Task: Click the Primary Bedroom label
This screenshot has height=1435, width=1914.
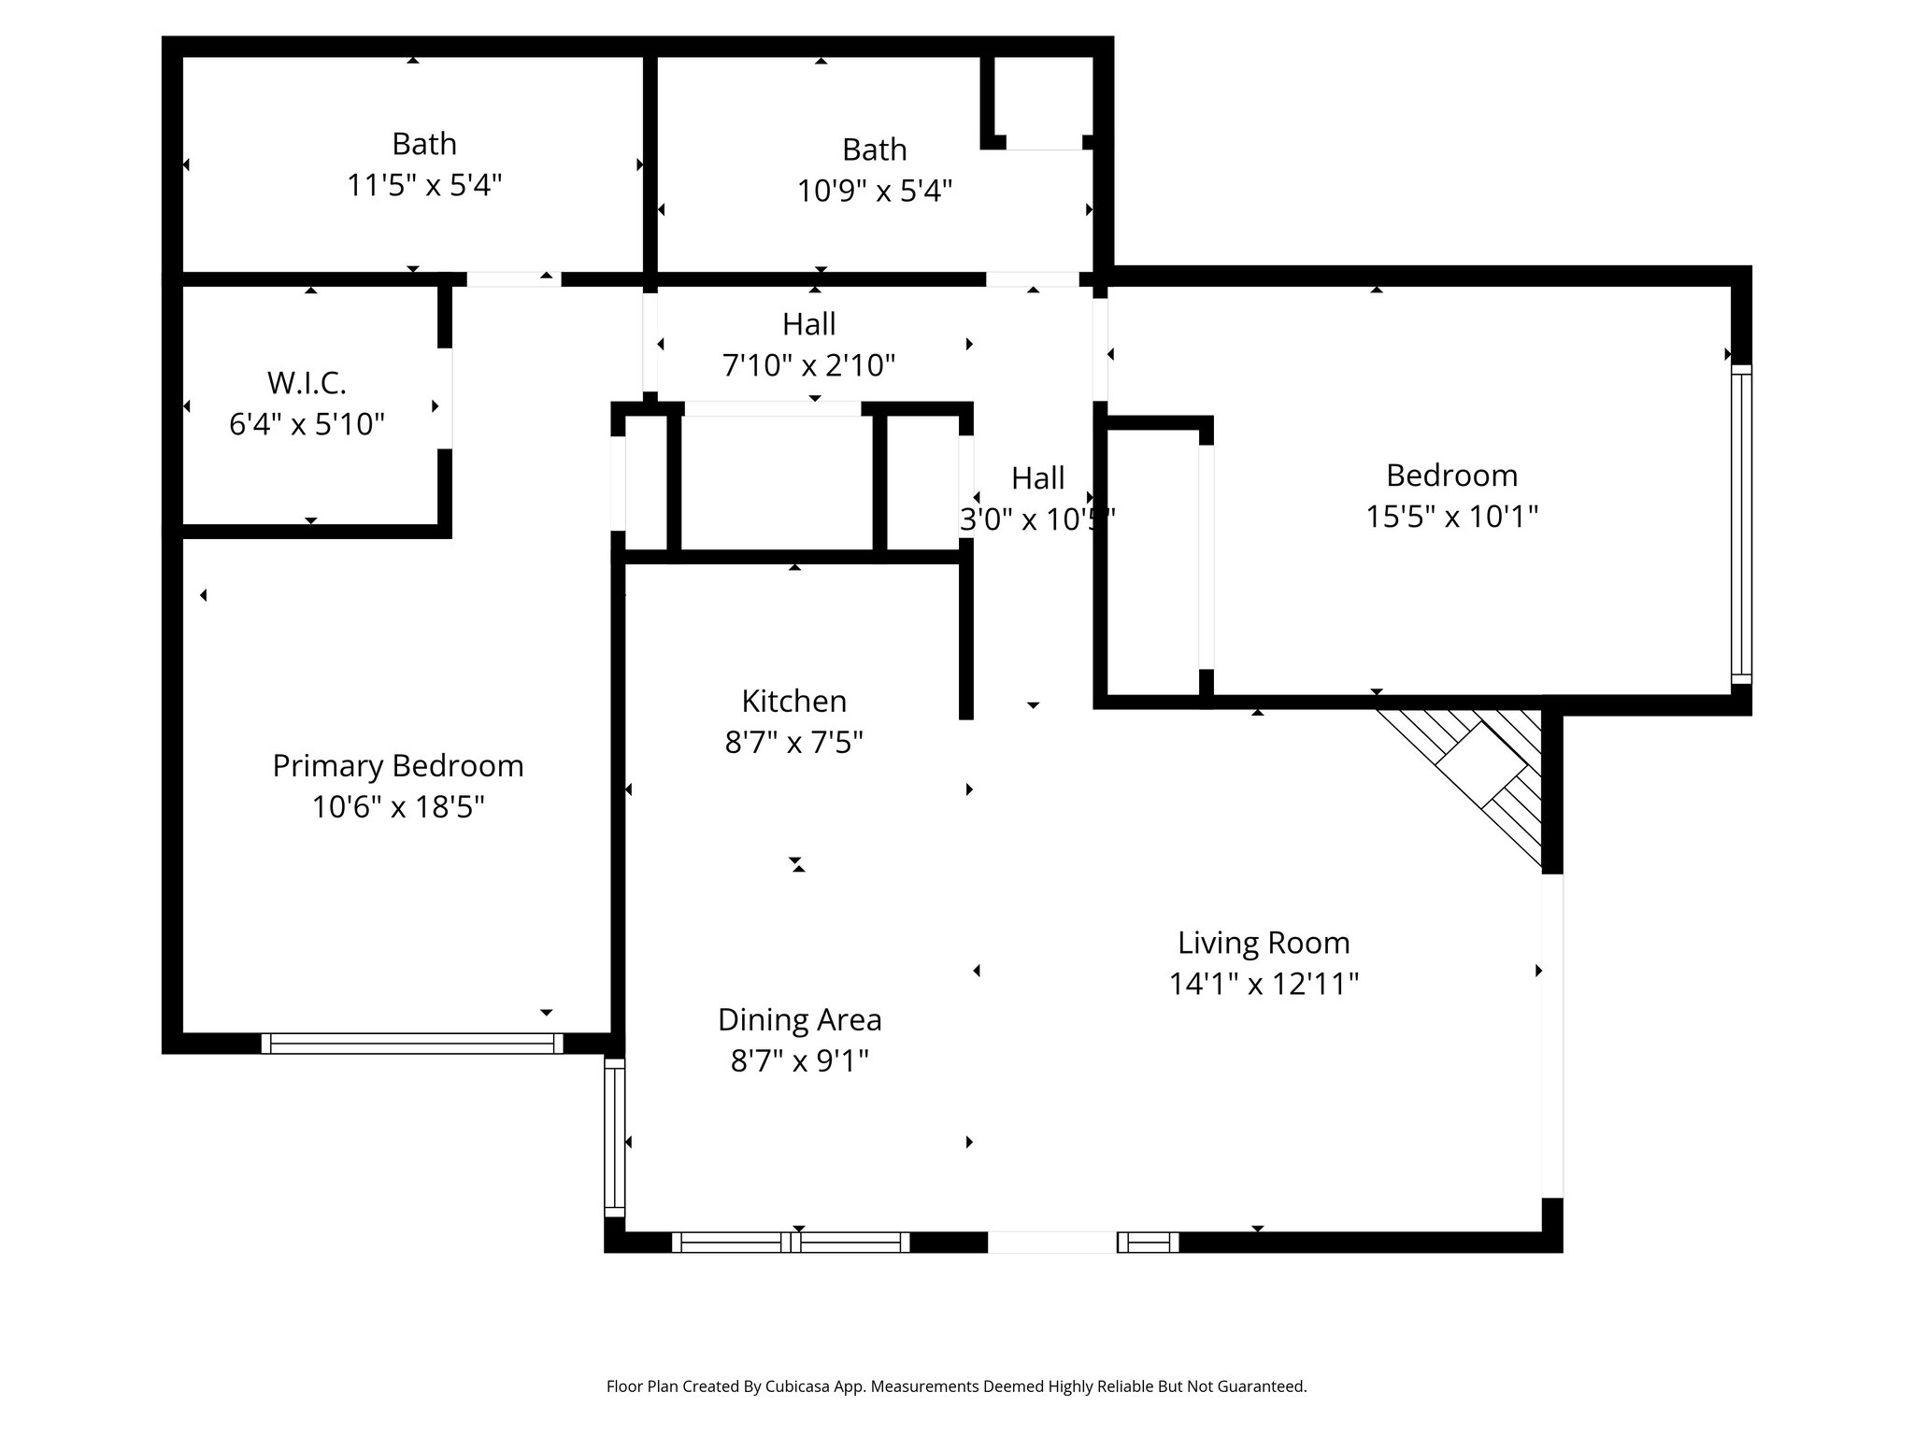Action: tap(397, 766)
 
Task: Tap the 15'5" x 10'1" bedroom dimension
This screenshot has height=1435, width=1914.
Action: tap(1451, 517)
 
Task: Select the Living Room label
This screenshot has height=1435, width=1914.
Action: tap(1264, 943)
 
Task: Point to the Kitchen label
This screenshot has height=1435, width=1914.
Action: tap(793, 701)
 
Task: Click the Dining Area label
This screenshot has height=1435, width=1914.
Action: tap(799, 1019)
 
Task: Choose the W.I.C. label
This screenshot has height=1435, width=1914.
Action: tap(307, 383)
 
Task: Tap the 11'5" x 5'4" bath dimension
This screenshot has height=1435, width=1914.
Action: tap(424, 185)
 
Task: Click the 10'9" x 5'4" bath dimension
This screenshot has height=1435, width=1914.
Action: tap(874, 191)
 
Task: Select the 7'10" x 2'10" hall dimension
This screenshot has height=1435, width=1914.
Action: tap(808, 364)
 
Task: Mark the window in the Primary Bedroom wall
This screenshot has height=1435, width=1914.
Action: tap(412, 1044)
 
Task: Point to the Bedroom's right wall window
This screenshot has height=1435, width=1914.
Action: tap(1740, 523)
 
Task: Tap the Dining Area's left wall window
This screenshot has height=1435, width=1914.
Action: tap(614, 1137)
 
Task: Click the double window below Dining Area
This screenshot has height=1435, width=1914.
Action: tap(791, 1242)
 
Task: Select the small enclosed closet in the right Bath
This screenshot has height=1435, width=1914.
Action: tap(1043, 98)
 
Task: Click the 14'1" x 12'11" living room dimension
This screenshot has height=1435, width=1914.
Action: tap(1264, 984)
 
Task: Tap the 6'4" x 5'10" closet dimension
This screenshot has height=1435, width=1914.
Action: tap(307, 425)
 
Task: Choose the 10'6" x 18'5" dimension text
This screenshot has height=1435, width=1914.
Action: tap(397, 807)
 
